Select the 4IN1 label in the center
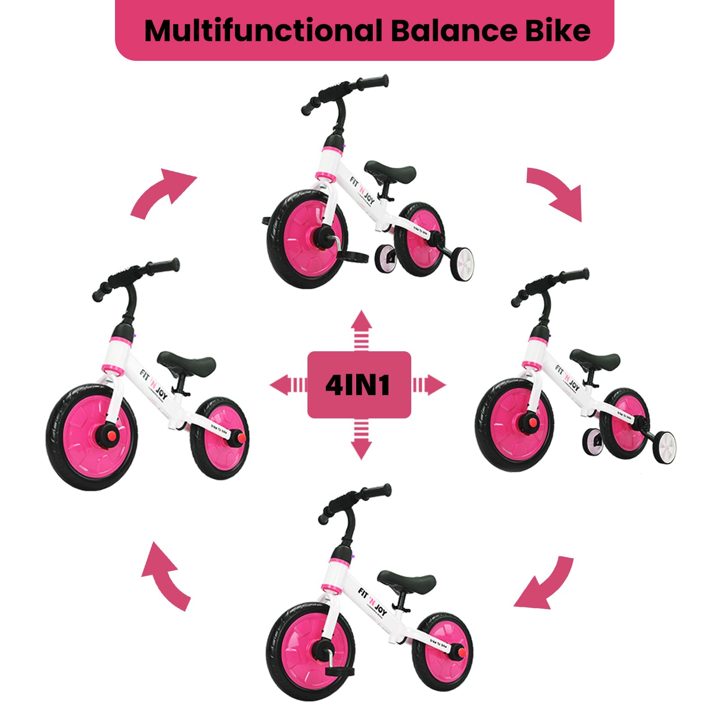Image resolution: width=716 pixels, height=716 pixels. pos(359,384)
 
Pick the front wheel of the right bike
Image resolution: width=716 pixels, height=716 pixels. pos(515,425)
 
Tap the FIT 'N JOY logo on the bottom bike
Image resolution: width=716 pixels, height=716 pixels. pos(372,601)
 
